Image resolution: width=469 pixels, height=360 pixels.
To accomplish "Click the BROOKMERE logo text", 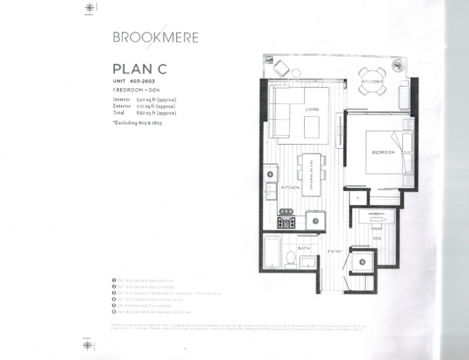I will (x=155, y=38).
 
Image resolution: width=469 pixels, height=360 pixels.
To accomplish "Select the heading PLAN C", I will (x=140, y=69).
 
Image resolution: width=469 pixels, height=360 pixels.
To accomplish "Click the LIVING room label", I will (x=311, y=109).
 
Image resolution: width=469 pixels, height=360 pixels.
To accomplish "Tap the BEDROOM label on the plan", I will (x=383, y=152).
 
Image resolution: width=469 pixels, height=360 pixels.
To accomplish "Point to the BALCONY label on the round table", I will (x=372, y=81).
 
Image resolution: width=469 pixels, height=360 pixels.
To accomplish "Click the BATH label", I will (x=303, y=249).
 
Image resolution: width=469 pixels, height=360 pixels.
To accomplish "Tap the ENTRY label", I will (x=334, y=251).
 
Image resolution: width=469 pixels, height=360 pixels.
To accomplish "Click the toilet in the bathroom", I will (x=289, y=258).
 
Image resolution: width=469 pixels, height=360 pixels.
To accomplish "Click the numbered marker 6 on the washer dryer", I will (x=362, y=262).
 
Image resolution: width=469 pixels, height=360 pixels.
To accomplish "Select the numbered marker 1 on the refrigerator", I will (x=315, y=221).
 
